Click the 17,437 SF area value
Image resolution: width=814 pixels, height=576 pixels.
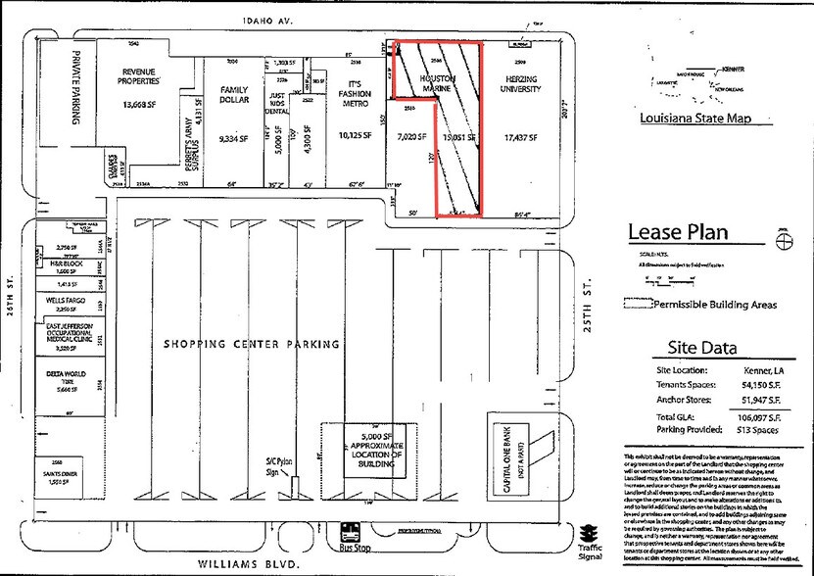tap(521, 138)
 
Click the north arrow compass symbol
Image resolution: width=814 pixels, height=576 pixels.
tap(782, 245)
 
